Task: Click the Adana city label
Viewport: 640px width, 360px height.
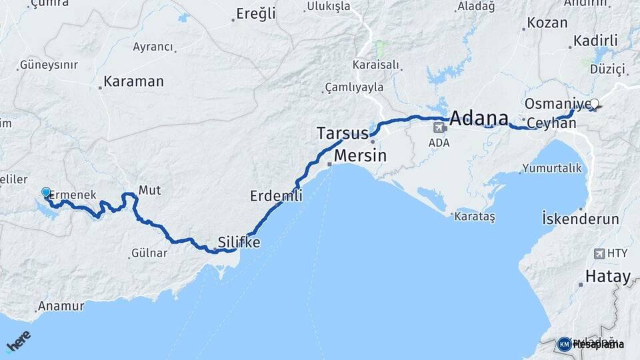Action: [x=483, y=119]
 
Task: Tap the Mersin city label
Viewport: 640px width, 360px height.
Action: [x=360, y=155]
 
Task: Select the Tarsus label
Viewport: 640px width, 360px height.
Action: [x=342, y=133]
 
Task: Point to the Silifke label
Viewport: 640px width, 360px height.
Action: [x=239, y=242]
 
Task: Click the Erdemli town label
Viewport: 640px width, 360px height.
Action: [x=276, y=196]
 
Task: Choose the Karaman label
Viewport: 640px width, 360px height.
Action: [x=134, y=82]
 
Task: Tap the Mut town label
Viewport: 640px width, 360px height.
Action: [x=150, y=190]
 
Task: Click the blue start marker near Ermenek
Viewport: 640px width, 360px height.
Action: [x=46, y=193]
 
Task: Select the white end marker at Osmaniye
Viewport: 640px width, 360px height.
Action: [x=595, y=103]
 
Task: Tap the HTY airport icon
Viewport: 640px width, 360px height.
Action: [x=598, y=253]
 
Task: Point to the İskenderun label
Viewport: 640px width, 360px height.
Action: [x=580, y=219]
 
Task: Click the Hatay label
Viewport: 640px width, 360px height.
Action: [x=607, y=276]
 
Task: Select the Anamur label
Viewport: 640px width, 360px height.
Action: [x=61, y=306]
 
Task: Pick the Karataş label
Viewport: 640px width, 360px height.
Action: [x=474, y=217]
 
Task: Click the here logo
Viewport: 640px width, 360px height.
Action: [x=18, y=341]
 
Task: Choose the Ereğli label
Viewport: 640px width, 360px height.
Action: [x=257, y=14]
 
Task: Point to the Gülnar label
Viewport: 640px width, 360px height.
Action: [x=149, y=253]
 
